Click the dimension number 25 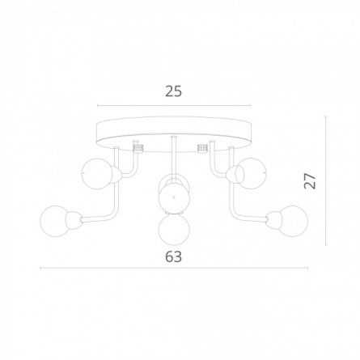pos(174,91)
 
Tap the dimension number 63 pos(174,256)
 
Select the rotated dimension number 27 pos(310,180)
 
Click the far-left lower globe pos(55,222)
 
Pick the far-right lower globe pos(293,221)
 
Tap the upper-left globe pos(97,174)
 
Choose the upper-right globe pos(251,173)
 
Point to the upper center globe pos(174,197)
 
